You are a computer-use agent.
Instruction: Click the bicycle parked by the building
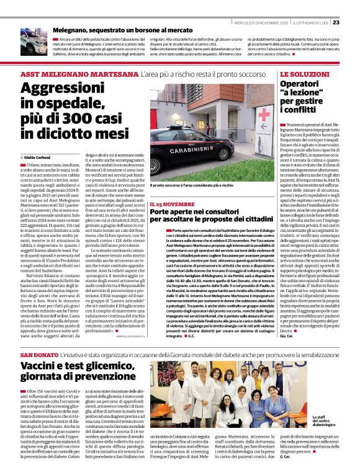(233, 135)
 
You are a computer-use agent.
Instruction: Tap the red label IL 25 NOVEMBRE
(171, 203)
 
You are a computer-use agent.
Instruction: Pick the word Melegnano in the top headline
(75, 29)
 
